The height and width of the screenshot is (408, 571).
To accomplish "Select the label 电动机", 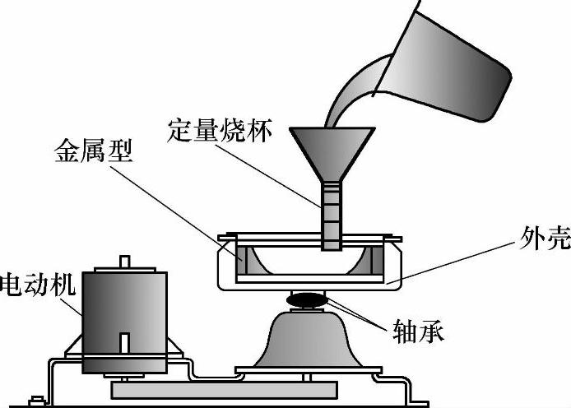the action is point(37,285).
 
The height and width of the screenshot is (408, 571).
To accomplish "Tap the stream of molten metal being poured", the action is point(350,90).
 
